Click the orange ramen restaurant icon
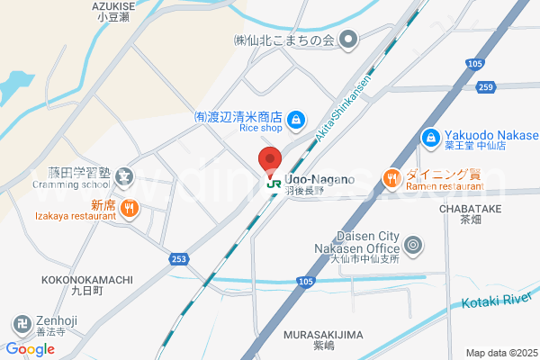(391, 179)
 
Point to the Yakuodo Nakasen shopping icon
(430, 137)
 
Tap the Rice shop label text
(261, 129)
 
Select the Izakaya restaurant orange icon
(130, 209)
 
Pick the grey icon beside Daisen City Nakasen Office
(413, 244)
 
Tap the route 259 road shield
(487, 87)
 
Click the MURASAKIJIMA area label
(323, 335)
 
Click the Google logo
(31, 349)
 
